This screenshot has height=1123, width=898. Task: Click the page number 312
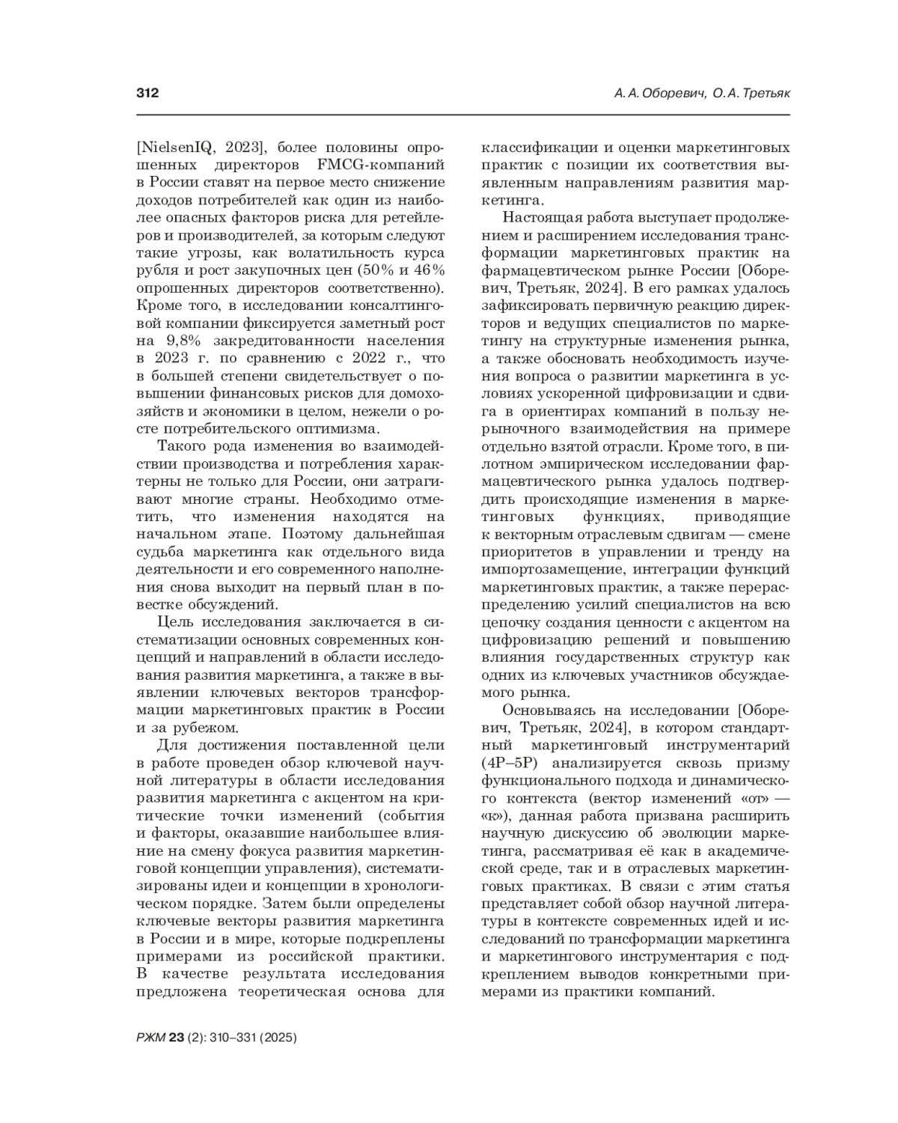[147, 94]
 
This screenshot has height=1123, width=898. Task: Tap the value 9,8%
[185, 341]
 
